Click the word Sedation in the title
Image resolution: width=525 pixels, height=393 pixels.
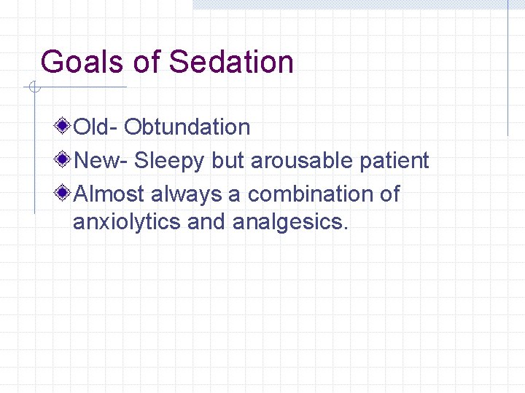click(x=231, y=62)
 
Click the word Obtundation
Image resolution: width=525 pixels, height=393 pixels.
click(x=187, y=127)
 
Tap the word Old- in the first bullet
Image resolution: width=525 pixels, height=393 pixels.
click(x=96, y=127)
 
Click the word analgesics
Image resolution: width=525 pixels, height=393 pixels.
click(x=290, y=221)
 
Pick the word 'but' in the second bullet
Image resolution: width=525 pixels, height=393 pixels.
click(x=228, y=161)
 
